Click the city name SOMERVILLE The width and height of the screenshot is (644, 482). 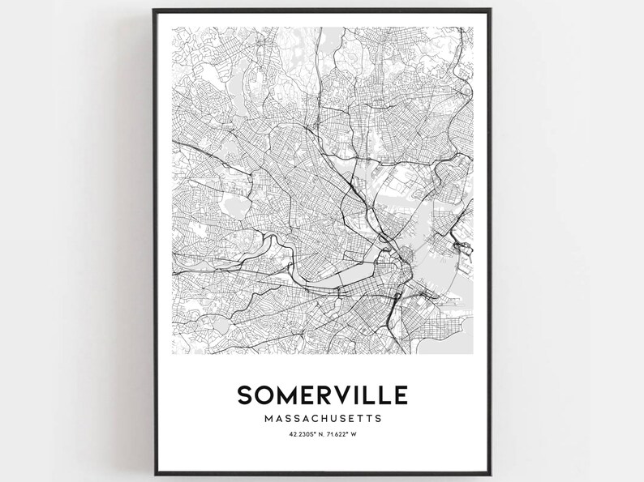pos(323,395)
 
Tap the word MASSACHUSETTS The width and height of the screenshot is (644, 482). pos(323,419)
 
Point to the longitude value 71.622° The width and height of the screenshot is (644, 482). pos(340,436)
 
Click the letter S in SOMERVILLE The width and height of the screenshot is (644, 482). pos(245,395)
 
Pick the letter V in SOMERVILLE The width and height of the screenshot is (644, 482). pos(339,395)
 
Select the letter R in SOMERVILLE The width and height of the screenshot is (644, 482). pos(324,395)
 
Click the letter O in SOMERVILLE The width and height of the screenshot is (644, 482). pos(264,395)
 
